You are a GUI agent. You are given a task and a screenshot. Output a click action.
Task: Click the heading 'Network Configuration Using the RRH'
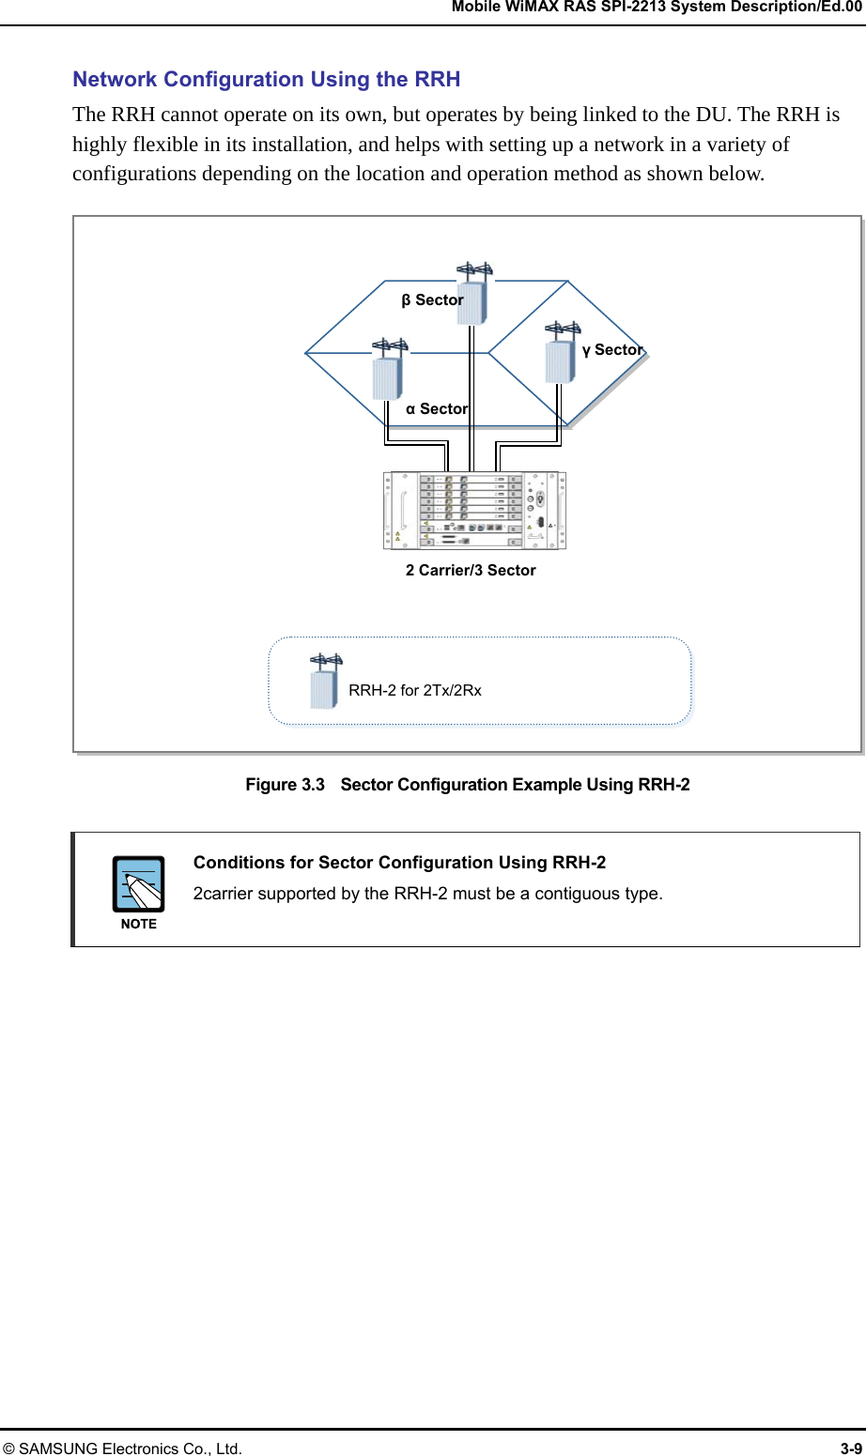coord(266,79)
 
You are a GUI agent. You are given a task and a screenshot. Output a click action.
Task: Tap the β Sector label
coord(432,300)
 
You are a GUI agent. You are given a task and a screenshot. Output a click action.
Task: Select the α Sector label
coord(436,409)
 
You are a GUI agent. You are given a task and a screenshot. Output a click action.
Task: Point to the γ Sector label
coord(612,350)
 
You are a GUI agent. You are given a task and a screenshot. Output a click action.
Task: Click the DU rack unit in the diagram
coord(474,510)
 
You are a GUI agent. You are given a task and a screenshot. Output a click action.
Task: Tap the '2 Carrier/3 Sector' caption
coord(471,571)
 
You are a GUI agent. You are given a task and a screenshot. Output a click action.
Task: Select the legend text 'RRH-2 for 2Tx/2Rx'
coord(414,691)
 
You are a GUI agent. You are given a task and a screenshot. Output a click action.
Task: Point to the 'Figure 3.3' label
coord(285,785)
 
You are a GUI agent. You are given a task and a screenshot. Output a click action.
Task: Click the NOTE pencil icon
coord(139,884)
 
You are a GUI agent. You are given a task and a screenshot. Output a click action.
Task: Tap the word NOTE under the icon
coord(139,925)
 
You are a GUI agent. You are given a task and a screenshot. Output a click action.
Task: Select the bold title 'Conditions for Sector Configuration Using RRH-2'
coord(399,863)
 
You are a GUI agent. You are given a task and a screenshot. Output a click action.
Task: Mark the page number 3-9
coord(851,1448)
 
